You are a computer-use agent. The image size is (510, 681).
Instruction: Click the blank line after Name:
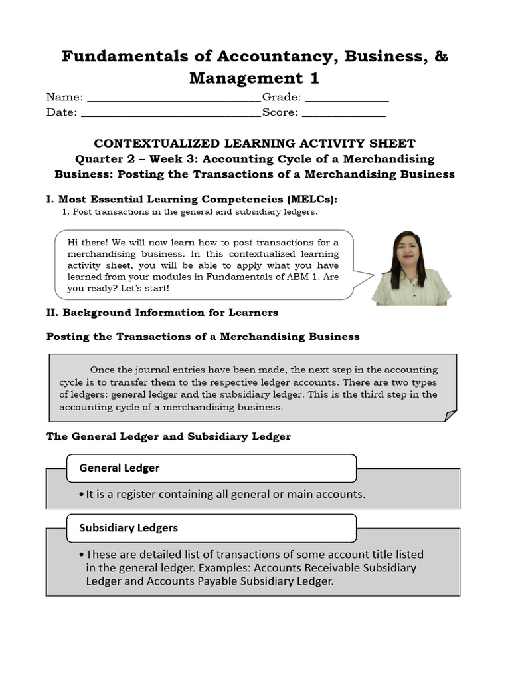click(174, 98)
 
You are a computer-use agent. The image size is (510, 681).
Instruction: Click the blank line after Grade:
click(347, 98)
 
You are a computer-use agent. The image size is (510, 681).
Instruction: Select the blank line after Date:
click(171, 113)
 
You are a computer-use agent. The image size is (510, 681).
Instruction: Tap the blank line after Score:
click(343, 113)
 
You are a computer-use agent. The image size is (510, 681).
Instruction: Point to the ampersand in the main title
click(441, 57)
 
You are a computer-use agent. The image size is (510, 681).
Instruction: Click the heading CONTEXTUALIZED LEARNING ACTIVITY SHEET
click(254, 144)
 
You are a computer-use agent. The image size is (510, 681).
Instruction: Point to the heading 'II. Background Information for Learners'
click(162, 312)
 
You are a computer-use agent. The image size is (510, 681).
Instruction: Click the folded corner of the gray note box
click(450, 416)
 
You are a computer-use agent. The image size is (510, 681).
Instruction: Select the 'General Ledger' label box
click(211, 468)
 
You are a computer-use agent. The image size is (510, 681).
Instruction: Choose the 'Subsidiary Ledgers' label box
click(211, 528)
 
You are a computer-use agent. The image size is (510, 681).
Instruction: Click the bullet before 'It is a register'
click(81, 495)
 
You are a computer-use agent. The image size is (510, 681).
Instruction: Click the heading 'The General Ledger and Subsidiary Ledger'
click(168, 436)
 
